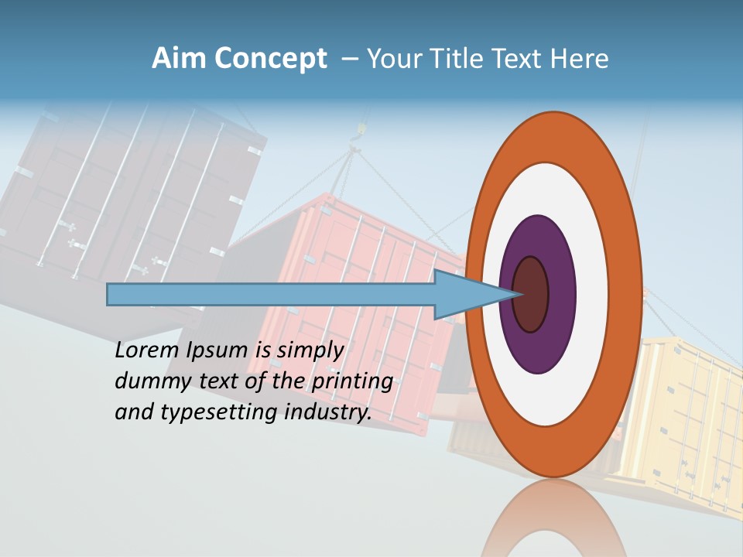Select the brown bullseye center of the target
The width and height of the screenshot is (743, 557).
tap(530, 294)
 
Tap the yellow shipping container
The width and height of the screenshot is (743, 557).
tap(689, 418)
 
